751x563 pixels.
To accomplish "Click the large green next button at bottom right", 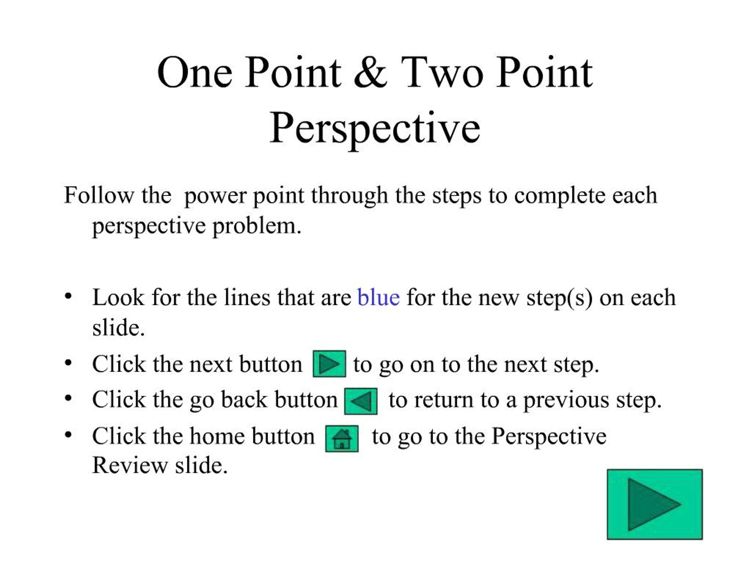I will click(654, 504).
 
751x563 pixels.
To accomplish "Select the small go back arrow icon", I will click(361, 401).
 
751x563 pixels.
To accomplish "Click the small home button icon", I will click(341, 438).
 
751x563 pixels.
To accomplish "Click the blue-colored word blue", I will click(378, 298).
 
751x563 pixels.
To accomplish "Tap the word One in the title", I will click(194, 73).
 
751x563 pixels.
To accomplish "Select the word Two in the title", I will click(442, 73).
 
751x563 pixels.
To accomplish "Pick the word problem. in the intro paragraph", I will click(257, 226).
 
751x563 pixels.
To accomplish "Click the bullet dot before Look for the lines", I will click(68, 296).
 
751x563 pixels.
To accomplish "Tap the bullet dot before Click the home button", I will click(68, 435).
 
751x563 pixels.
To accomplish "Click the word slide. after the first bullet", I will click(119, 328).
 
